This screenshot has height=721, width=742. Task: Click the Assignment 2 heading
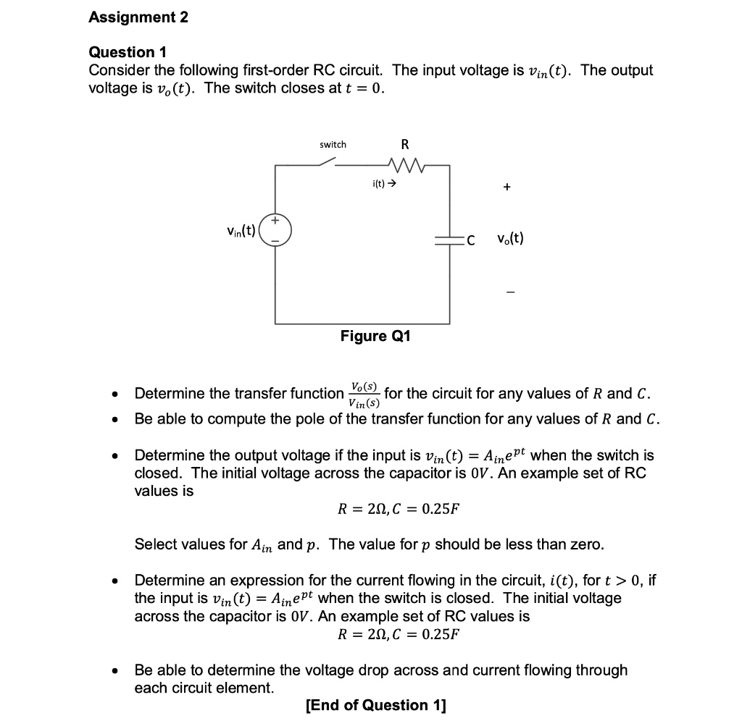tap(138, 18)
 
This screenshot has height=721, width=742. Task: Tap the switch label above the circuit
tap(333, 145)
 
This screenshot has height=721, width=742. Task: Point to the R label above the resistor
tap(405, 145)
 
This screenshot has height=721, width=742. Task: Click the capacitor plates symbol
tap(449, 238)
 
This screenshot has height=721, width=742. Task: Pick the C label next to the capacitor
tap(470, 240)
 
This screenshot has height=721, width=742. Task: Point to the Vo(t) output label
tap(510, 238)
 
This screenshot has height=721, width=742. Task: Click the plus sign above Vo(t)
tap(507, 187)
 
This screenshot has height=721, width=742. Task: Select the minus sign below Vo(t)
tap(509, 292)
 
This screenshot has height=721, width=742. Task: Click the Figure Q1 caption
tap(375, 336)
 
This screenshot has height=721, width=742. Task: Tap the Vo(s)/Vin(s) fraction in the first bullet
tap(364, 394)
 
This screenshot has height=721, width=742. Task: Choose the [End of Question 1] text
tap(376, 705)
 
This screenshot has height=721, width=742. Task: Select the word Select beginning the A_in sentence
tap(157, 544)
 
